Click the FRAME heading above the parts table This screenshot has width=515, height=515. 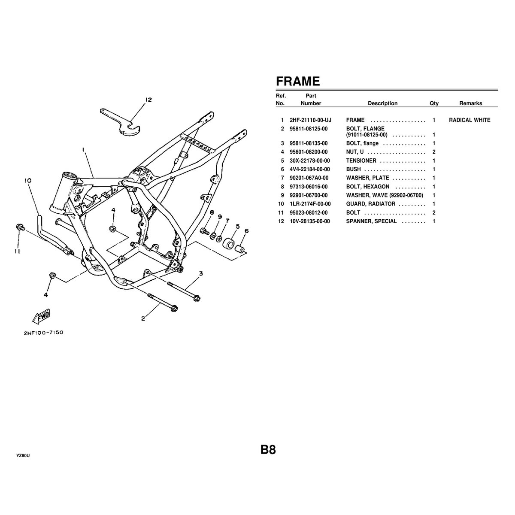[297, 81]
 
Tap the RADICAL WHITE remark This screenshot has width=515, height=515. [470, 120]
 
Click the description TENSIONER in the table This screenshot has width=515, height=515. [361, 161]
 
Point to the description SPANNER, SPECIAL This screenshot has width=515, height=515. [371, 221]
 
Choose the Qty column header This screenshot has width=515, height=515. [434, 103]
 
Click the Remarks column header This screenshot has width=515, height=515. [470, 103]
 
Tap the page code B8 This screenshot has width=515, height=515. [268, 450]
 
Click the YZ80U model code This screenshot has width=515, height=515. [23, 455]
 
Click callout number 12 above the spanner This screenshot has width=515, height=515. [148, 100]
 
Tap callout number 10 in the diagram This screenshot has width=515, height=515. [28, 181]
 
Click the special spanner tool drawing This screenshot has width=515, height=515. [122, 122]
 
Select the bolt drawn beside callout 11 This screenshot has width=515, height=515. [19, 227]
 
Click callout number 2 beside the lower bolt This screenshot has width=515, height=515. [143, 318]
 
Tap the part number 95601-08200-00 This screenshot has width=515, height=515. [309, 152]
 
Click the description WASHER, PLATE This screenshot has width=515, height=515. [367, 178]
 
